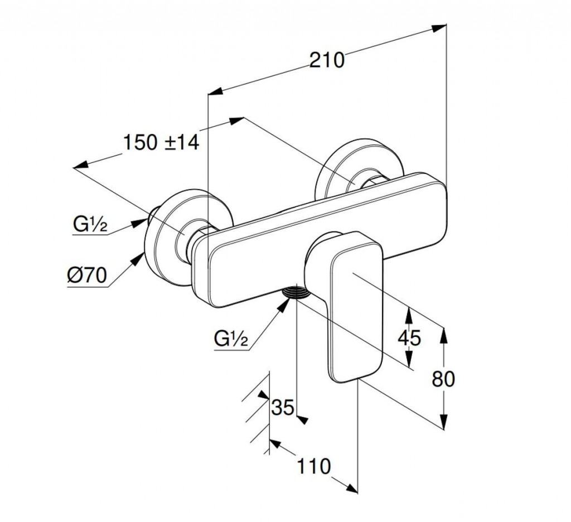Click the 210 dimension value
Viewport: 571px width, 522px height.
(x=327, y=59)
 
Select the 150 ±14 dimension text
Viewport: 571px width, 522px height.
(x=161, y=142)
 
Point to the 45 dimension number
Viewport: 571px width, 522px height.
(x=409, y=337)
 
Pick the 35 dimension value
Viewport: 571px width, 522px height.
(x=282, y=408)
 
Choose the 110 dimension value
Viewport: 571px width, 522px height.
(x=314, y=466)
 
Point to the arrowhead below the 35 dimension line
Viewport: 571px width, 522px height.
(x=303, y=420)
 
